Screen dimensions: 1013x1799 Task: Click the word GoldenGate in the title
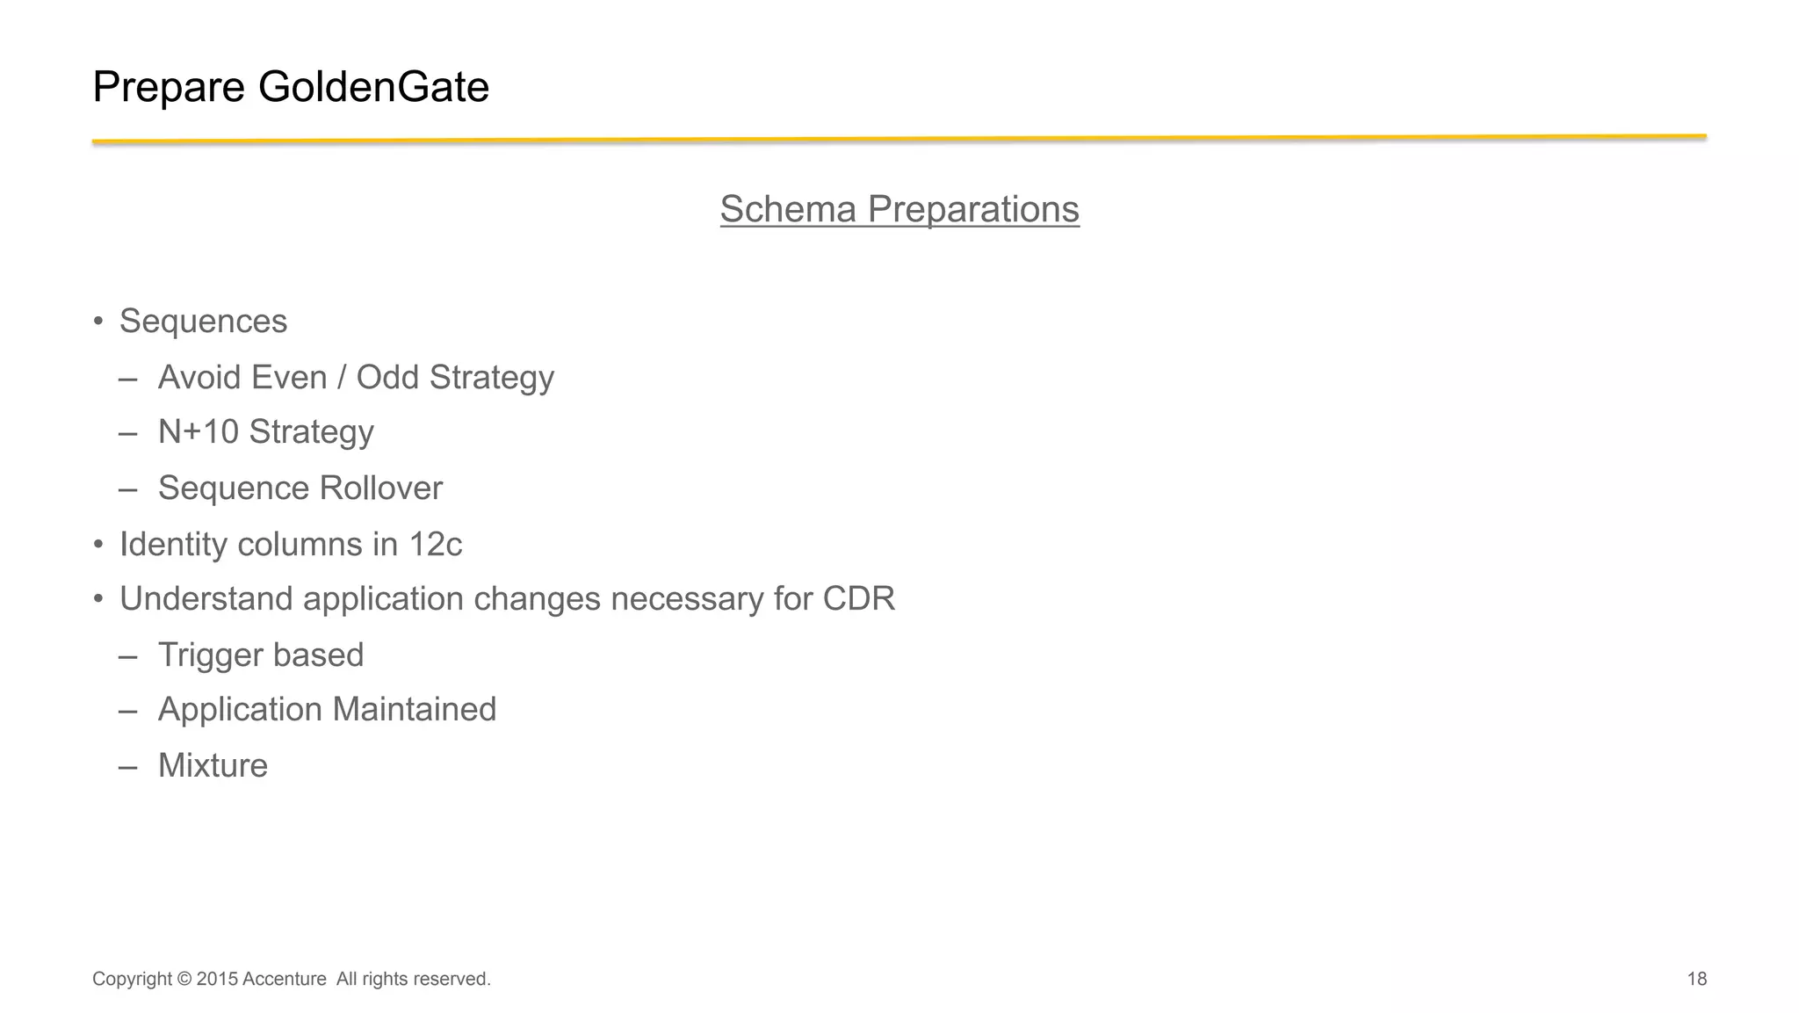(373, 87)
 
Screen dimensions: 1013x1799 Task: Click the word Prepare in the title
(169, 87)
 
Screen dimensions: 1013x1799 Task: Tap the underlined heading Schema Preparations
(899, 209)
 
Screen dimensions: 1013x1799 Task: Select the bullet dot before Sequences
(99, 322)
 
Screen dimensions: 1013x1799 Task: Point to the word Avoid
(199, 377)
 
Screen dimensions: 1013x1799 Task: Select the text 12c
(435, 545)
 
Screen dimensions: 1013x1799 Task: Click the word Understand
(206, 599)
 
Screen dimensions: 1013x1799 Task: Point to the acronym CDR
(858, 599)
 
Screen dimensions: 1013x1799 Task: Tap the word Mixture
(213, 766)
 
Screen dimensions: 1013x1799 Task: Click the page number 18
(1696, 979)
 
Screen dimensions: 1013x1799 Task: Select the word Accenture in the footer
(285, 979)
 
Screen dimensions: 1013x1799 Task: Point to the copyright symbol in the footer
(184, 979)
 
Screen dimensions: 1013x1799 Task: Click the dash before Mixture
(128, 766)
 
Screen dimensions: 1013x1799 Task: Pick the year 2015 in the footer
(217, 979)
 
